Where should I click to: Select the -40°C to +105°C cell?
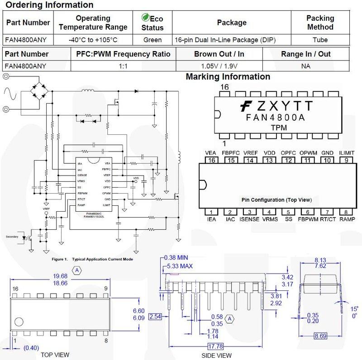(x=93, y=39)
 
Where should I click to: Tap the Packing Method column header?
(x=320, y=23)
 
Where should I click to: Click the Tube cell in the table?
(x=320, y=39)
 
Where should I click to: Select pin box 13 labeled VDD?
(x=269, y=161)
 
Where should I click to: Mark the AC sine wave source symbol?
(x=10, y=94)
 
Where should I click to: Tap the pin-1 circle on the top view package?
(x=19, y=322)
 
